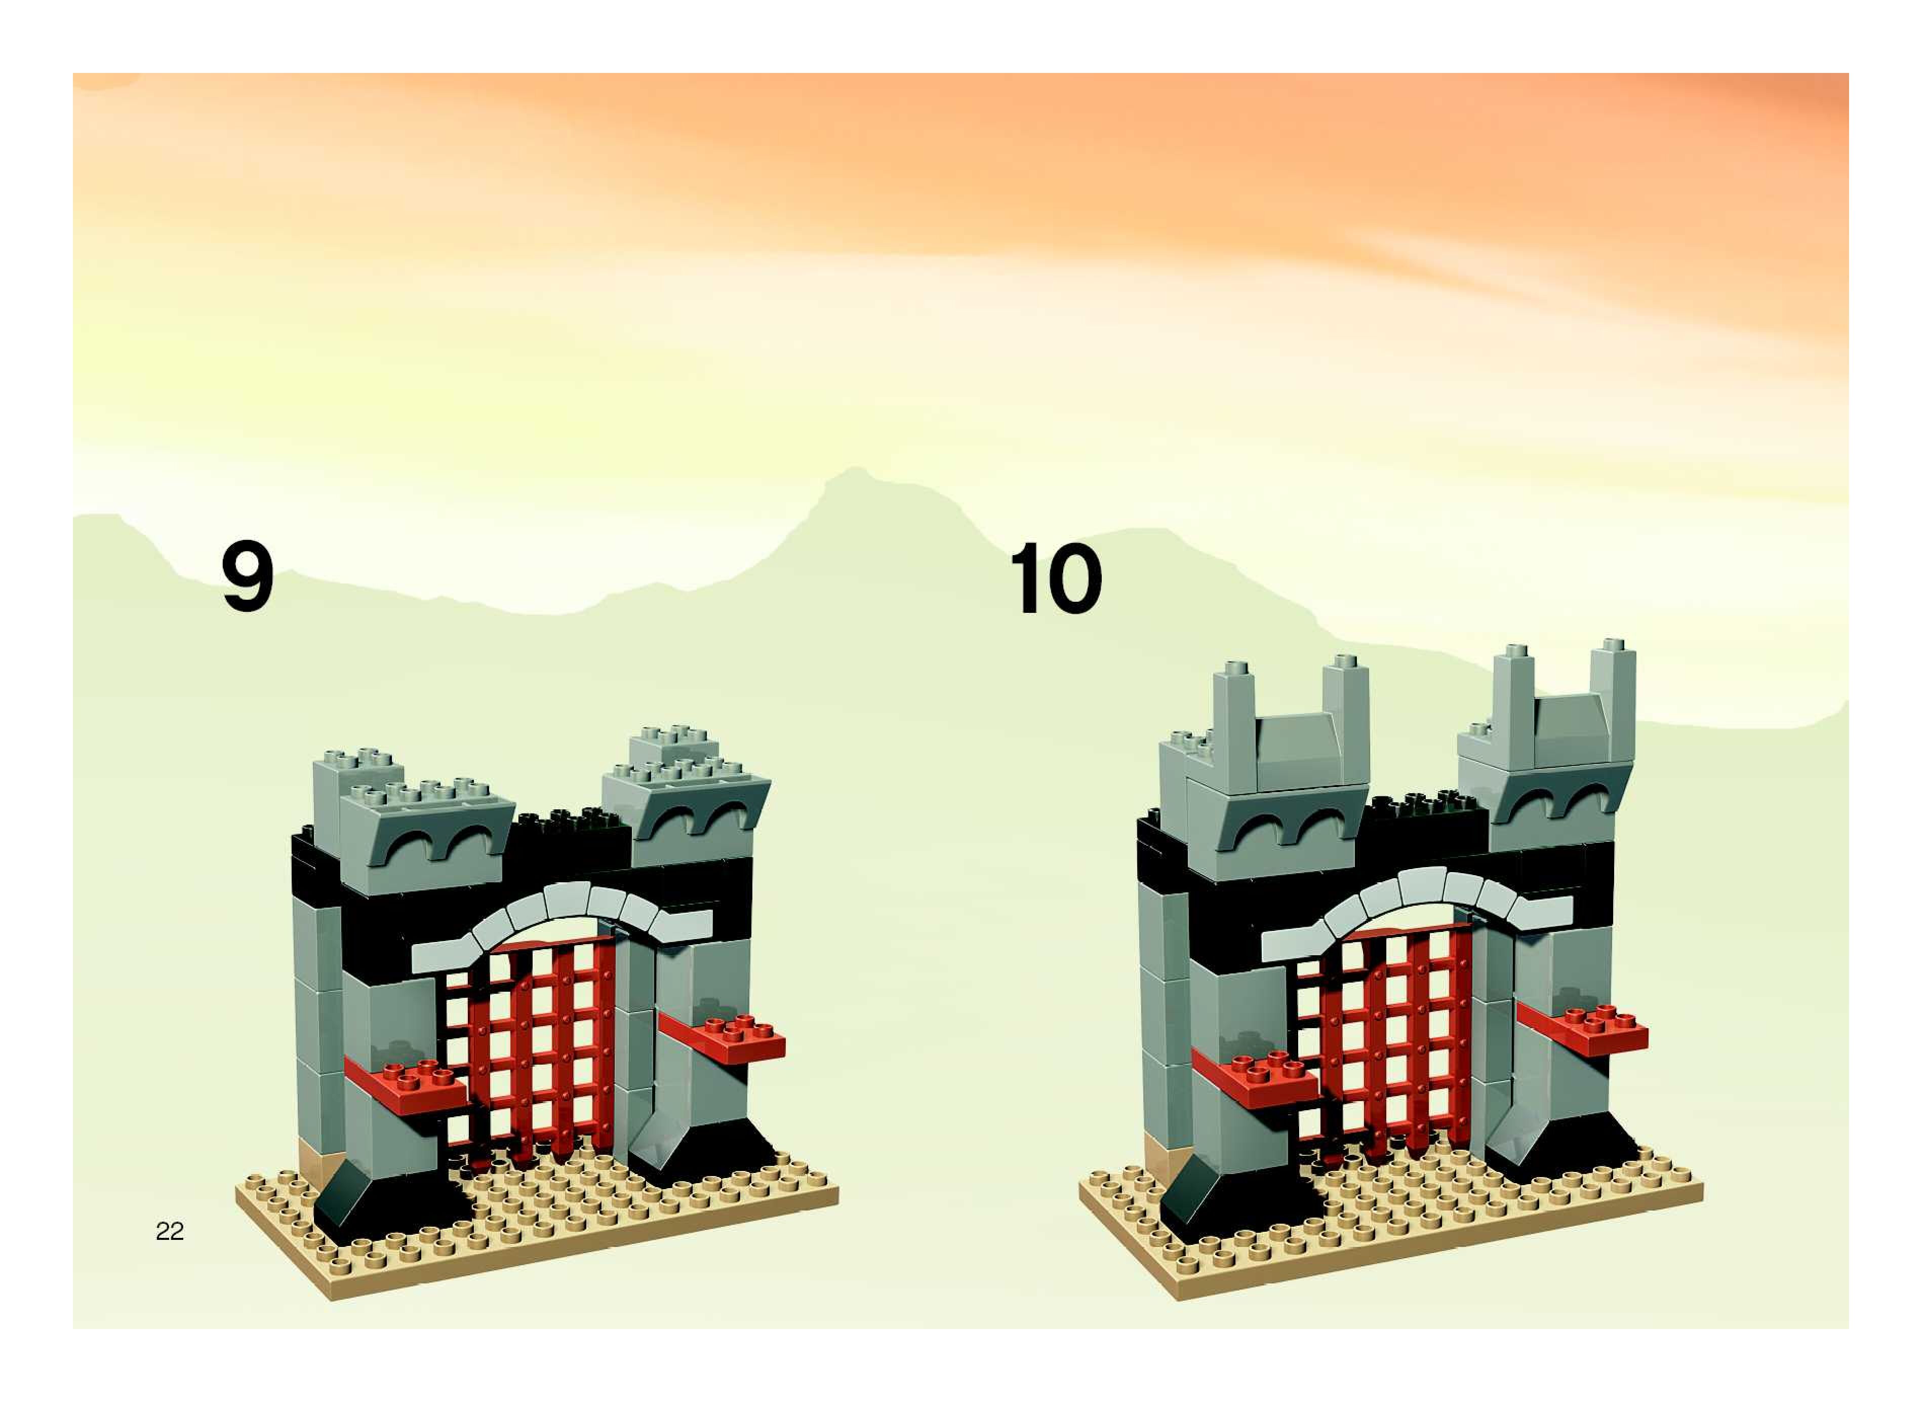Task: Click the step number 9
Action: click(x=248, y=577)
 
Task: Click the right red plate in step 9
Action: click(x=731, y=1039)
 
